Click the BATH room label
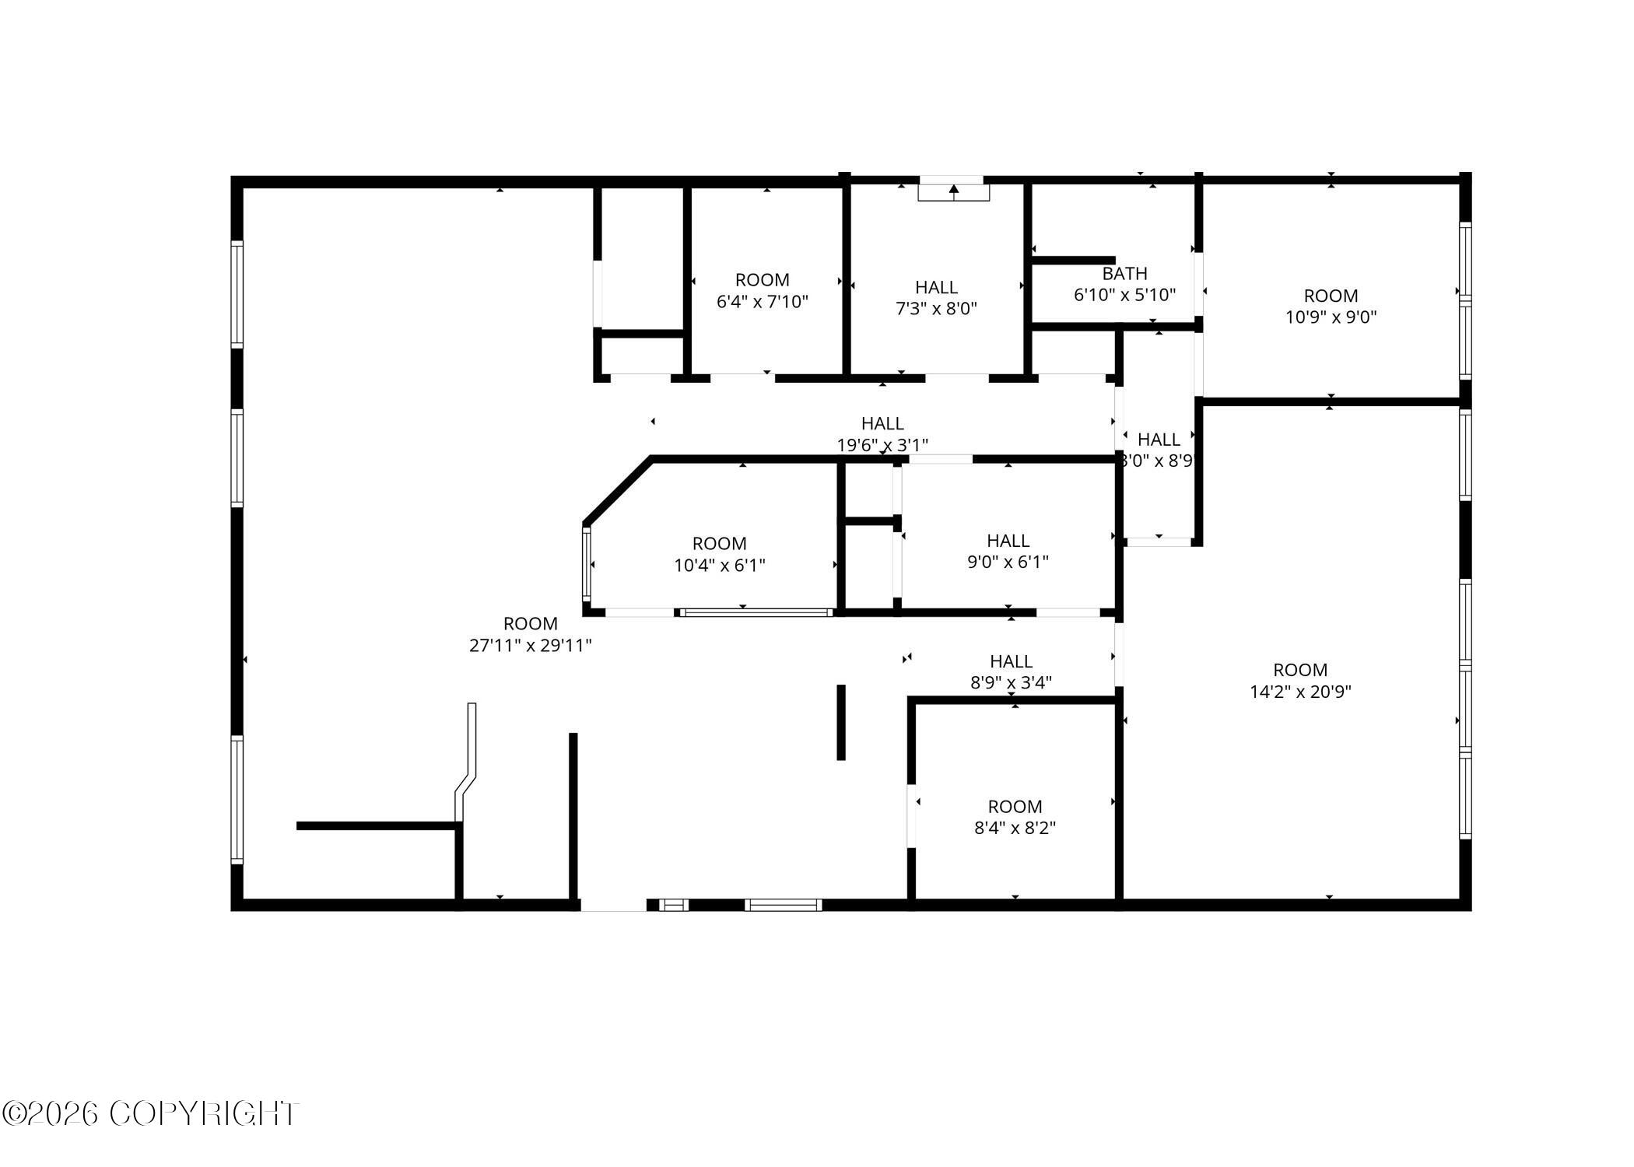(x=1124, y=275)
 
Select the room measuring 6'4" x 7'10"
(x=762, y=291)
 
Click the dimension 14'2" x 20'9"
(x=1300, y=692)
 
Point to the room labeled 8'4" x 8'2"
(x=1015, y=818)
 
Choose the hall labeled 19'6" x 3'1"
(x=882, y=434)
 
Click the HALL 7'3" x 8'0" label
(x=936, y=298)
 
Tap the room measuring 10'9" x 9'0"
(x=1331, y=307)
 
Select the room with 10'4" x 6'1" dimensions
(x=719, y=555)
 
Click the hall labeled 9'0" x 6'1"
(x=1008, y=551)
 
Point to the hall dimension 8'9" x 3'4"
(x=1011, y=683)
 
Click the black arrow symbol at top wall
(x=954, y=189)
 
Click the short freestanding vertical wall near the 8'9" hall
(x=840, y=722)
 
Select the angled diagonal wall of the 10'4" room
(x=617, y=491)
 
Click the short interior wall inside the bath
(x=1074, y=261)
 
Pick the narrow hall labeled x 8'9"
(x=1159, y=450)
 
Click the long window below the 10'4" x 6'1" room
(x=756, y=613)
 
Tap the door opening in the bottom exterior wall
(x=613, y=905)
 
